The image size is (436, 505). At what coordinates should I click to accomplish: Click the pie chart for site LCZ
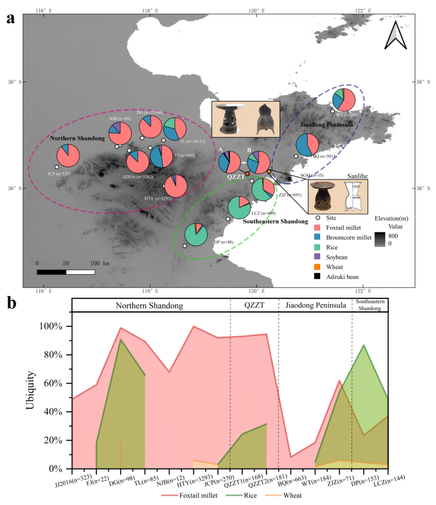pyautogui.click(x=239, y=208)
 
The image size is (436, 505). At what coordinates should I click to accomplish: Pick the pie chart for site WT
pyautogui.click(x=343, y=100)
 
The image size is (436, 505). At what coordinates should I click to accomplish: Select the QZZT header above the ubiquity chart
pyautogui.click(x=254, y=305)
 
